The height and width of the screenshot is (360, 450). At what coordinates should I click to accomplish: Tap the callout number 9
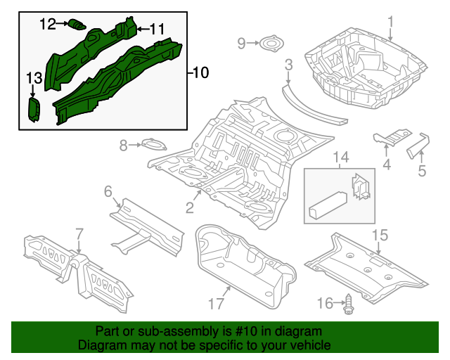pos(241,44)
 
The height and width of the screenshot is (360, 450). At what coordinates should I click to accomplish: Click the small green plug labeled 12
pos(75,26)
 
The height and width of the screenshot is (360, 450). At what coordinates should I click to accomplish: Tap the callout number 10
pos(200,72)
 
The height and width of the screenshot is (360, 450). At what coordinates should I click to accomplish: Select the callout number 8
pos(123,146)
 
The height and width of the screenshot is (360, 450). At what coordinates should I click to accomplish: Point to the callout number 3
pos(288,65)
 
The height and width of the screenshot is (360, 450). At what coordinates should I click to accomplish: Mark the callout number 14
pos(340,157)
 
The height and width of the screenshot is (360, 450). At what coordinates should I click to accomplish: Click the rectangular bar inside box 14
pos(326,207)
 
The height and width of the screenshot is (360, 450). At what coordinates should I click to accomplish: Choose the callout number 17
pos(215,304)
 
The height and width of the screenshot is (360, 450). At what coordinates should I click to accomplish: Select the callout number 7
pos(79,233)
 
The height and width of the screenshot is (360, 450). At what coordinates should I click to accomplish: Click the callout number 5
pos(422,170)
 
